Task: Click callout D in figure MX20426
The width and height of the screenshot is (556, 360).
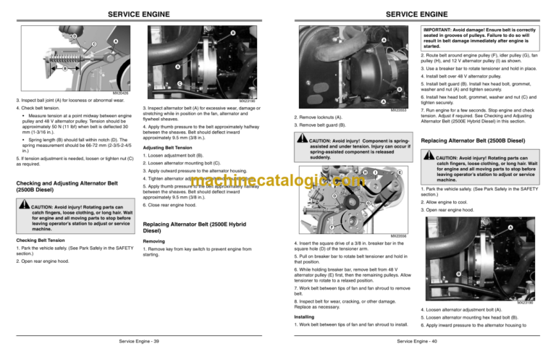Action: [73, 36]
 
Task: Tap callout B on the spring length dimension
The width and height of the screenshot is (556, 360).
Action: [64, 68]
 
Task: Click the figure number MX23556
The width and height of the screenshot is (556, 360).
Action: [398, 235]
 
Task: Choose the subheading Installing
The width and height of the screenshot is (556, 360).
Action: [303, 316]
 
